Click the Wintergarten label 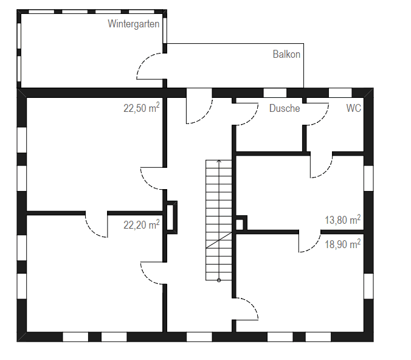(x=134, y=24)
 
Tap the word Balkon (x=286, y=54)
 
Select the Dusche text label (x=285, y=108)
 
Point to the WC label (x=354, y=108)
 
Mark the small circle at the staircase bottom (x=219, y=280)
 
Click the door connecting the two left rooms (x=97, y=225)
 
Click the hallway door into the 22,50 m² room (x=152, y=178)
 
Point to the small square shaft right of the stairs (x=240, y=224)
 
